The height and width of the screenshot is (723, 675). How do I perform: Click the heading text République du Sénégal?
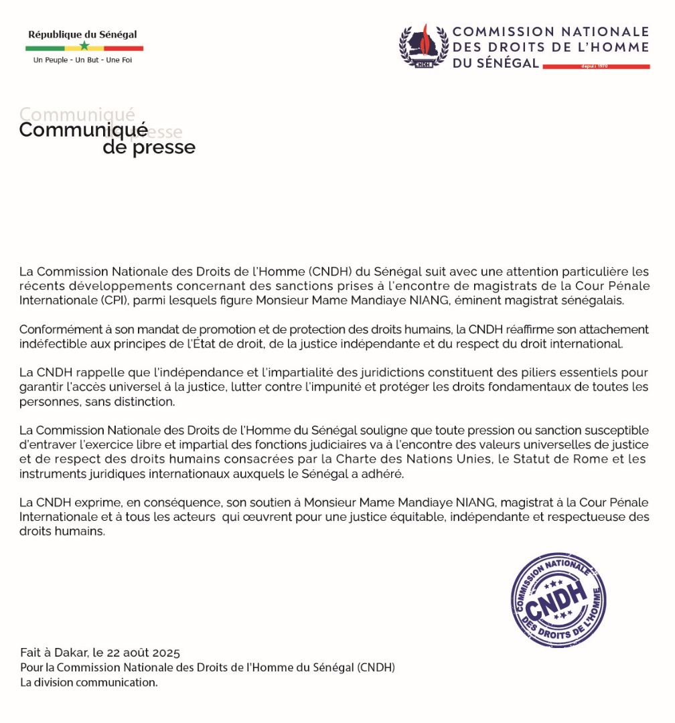coord(82,34)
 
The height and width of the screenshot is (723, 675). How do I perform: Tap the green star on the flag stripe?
coord(84,46)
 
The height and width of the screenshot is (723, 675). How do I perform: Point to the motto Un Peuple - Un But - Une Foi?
coord(82,60)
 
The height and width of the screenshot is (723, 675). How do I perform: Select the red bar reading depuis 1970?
coord(595,66)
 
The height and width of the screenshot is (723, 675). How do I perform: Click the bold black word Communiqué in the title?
coord(83,130)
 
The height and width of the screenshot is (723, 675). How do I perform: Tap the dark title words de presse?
coord(149,147)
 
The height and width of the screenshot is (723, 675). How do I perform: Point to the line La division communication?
coord(88,683)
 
